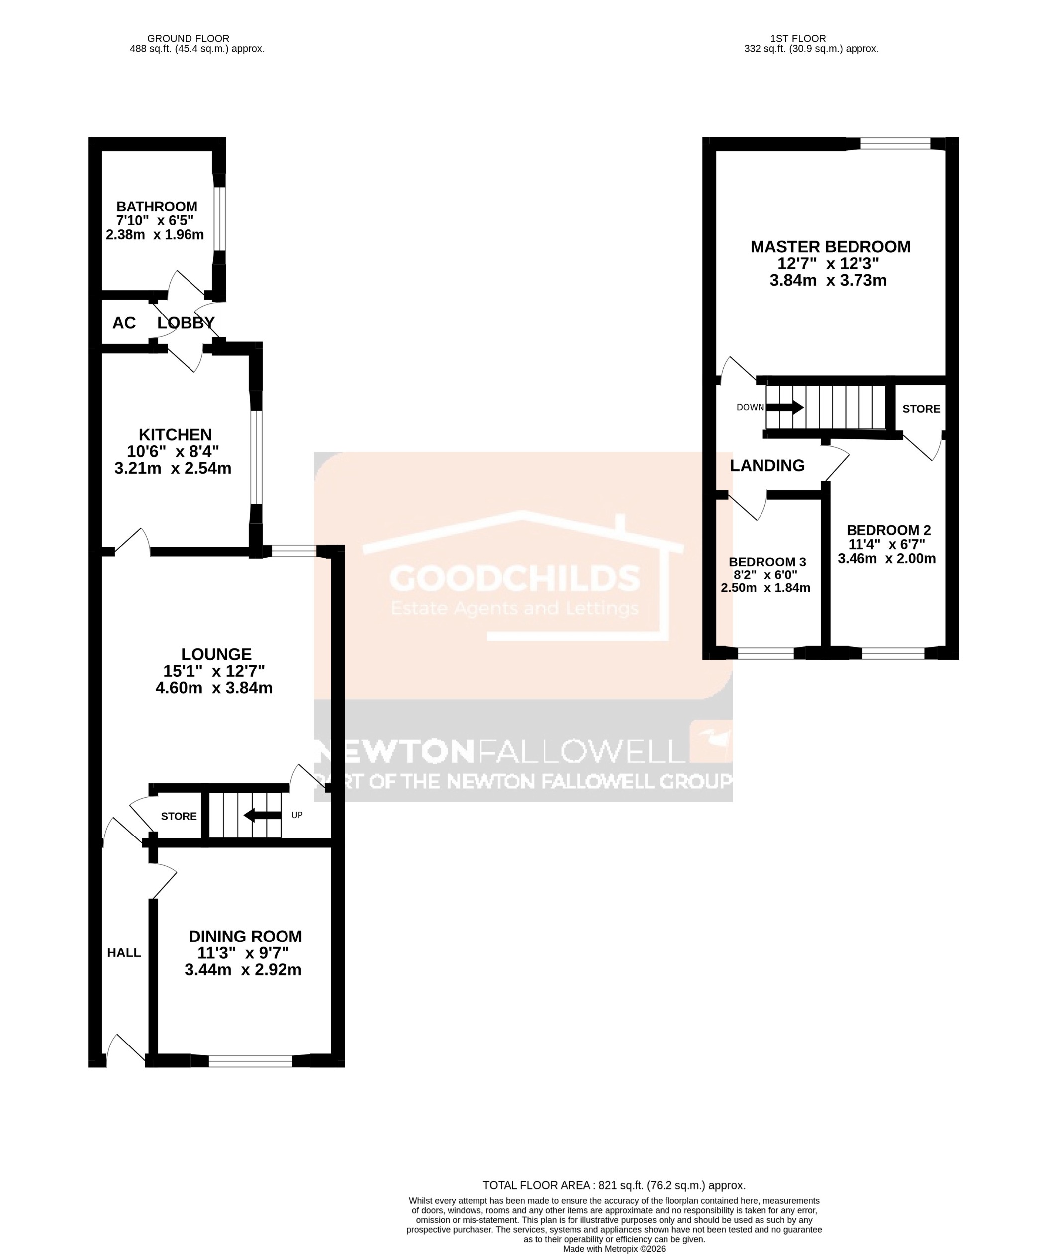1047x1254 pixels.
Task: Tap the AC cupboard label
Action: [x=124, y=323]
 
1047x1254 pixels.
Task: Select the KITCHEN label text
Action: [x=175, y=435]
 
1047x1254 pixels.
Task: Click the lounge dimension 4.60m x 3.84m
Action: [x=214, y=688]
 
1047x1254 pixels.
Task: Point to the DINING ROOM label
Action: [x=245, y=937]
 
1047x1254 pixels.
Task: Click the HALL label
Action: [x=124, y=953]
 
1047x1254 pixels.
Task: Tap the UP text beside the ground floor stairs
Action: [x=296, y=815]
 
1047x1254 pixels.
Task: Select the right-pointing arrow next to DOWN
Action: [x=785, y=407]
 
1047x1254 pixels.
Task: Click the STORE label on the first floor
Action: [x=921, y=409]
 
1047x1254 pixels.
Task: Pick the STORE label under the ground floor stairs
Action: [x=179, y=816]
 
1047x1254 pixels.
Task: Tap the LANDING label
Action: [x=767, y=466]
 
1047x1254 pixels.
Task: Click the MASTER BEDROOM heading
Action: [x=830, y=247]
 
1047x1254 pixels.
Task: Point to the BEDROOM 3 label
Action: [x=767, y=562]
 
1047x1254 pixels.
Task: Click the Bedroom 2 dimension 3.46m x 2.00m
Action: [x=886, y=559]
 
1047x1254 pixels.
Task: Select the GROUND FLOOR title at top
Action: [x=188, y=39]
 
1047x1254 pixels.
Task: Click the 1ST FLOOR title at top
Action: [x=797, y=39]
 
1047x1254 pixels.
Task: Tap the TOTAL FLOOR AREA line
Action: [x=614, y=1185]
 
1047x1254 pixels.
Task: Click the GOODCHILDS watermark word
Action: [x=514, y=578]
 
